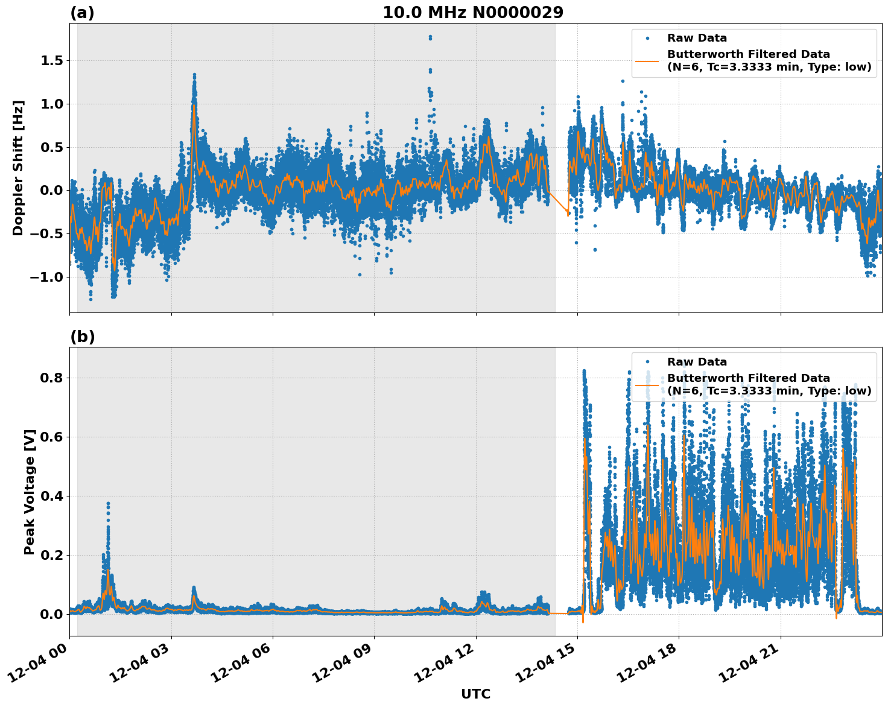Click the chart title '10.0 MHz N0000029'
tap(473, 13)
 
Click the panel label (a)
tap(82, 13)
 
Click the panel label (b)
tap(82, 337)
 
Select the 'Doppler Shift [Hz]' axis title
tap(18, 168)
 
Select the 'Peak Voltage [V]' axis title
tap(30, 492)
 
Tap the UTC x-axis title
tap(475, 694)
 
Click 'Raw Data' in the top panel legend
tap(697, 38)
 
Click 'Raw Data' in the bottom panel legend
tap(697, 362)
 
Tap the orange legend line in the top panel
tap(647, 60)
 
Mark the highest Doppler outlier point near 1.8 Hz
tap(430, 37)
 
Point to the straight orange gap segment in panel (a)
tap(558, 202)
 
